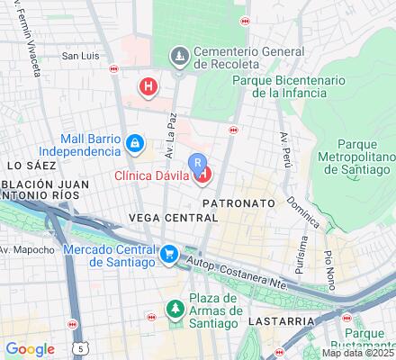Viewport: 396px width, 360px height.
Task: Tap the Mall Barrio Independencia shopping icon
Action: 133,143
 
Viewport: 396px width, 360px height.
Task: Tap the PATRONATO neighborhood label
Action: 238,204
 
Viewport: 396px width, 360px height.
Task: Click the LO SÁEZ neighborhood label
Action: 26,166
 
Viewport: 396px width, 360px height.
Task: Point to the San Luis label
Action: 79,56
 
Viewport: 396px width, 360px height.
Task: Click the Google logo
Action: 31,349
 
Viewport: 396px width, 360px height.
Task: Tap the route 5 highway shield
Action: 84,346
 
